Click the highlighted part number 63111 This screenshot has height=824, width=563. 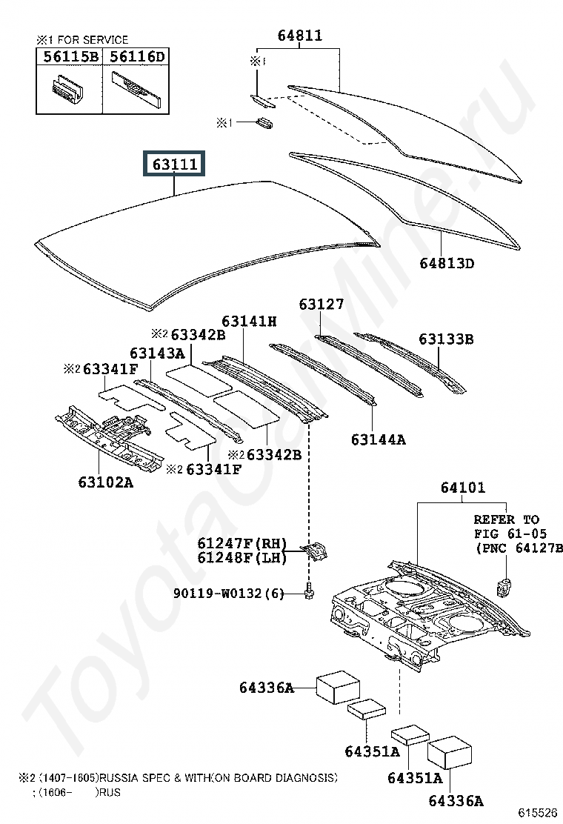pos(175,165)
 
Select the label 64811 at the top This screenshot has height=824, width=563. pos(300,36)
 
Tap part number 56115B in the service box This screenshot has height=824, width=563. pos(71,57)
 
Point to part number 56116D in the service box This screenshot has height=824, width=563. pos(137,57)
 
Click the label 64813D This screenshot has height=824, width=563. pos(447,263)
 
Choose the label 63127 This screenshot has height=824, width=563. pos(322,305)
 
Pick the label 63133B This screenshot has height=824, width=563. pos(446,339)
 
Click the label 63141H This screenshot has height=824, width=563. pos(249,321)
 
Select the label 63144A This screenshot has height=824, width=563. pos(378,439)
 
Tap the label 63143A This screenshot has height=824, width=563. pos(157,353)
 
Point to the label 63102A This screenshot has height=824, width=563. pos(105,482)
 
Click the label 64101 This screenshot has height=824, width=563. pos(463,488)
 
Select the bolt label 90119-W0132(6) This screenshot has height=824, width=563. pos(228,594)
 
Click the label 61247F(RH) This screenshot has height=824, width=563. pos(242,543)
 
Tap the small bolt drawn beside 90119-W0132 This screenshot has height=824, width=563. pos(309,592)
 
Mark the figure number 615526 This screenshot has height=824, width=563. pos(539,813)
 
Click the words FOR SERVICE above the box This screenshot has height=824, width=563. pos(93,40)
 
